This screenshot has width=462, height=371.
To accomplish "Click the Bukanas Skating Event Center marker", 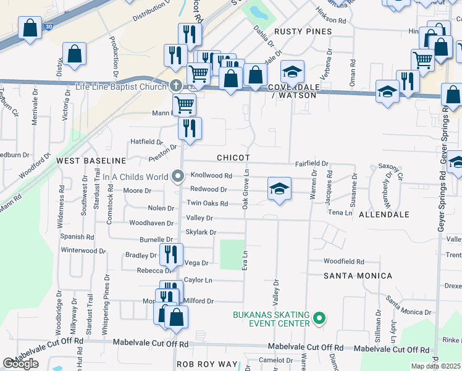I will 319,319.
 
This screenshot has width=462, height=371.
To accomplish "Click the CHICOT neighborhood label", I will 233,158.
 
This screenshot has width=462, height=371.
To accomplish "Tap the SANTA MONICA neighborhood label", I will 358,275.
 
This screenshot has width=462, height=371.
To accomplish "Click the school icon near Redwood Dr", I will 279,189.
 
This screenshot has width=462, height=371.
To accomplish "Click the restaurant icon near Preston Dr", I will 190,128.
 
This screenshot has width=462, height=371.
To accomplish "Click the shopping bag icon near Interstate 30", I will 30,28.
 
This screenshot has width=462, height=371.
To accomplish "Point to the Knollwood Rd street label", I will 211,176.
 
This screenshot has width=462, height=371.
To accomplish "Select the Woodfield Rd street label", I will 343,262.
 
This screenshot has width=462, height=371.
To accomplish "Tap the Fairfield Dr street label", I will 311,164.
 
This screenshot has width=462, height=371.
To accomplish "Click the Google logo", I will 20,364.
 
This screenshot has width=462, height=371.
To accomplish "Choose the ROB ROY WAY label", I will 207,364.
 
